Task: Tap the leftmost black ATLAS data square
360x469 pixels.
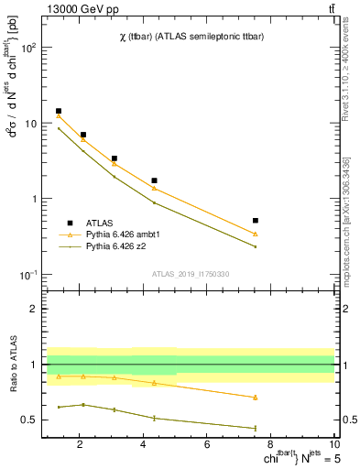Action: [59, 111]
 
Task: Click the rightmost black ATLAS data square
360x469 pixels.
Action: [256, 221]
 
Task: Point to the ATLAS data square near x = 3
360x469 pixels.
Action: [114, 158]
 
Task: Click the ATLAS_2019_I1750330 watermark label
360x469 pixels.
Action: [191, 274]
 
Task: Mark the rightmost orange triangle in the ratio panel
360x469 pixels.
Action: [256, 398]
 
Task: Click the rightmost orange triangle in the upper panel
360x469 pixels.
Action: [256, 234]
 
